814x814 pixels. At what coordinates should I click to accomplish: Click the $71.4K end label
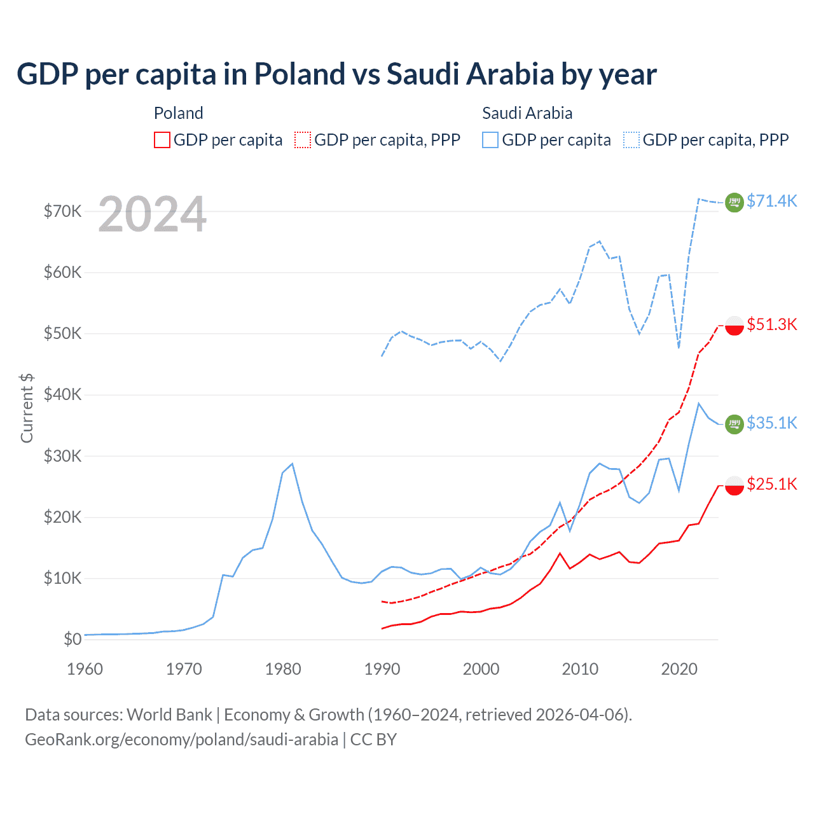coord(771,201)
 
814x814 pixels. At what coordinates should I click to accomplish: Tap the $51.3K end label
coord(771,324)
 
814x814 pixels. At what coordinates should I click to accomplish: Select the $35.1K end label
coord(771,423)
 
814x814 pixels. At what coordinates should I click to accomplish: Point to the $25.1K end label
coord(771,484)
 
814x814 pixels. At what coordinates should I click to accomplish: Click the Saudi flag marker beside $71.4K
coord(735,202)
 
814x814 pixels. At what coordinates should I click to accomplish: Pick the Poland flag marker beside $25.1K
coord(735,485)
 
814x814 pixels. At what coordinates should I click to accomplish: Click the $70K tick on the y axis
coord(62,211)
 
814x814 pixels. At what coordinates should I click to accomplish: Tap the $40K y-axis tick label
coord(62,394)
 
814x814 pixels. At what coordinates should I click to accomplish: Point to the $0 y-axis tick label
coord(72,639)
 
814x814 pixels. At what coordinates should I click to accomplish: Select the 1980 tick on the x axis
coord(283,669)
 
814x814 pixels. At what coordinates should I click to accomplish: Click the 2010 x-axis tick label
coord(580,669)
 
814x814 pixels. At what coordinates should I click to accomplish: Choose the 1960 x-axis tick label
coord(85,669)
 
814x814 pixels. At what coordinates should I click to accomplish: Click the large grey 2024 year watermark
coord(153,214)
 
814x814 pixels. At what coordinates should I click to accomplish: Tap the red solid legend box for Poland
coord(162,140)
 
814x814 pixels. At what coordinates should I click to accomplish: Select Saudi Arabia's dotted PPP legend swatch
coord(631,140)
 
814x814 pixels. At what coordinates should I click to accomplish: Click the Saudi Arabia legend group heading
coord(527,113)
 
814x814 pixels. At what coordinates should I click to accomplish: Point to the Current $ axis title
coord(27,408)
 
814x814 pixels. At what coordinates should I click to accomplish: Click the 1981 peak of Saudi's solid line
coord(292,464)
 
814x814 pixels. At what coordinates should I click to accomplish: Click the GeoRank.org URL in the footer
coord(181,740)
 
